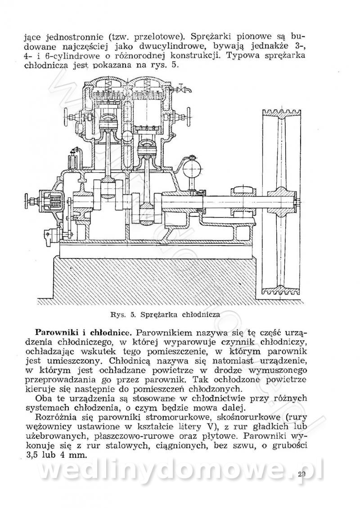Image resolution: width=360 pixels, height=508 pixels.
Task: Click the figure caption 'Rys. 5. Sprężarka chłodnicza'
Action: (x=167, y=314)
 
